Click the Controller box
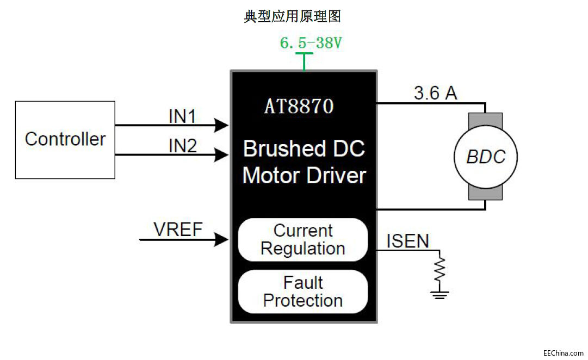[65, 140]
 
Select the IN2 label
[182, 145]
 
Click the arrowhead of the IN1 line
[222, 126]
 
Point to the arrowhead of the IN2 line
[222, 155]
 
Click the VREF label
[178, 229]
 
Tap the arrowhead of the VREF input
[221, 239]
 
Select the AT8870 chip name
[299, 106]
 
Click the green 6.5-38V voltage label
[311, 43]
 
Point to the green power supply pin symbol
[304, 60]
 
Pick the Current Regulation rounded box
[303, 240]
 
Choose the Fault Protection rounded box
[303, 291]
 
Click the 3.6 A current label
[435, 93]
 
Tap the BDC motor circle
[486, 157]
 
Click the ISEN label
[407, 241]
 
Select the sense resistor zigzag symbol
[439, 269]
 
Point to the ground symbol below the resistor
[439, 294]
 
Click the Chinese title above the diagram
[293, 16]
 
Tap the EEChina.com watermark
[563, 352]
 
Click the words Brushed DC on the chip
[304, 148]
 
